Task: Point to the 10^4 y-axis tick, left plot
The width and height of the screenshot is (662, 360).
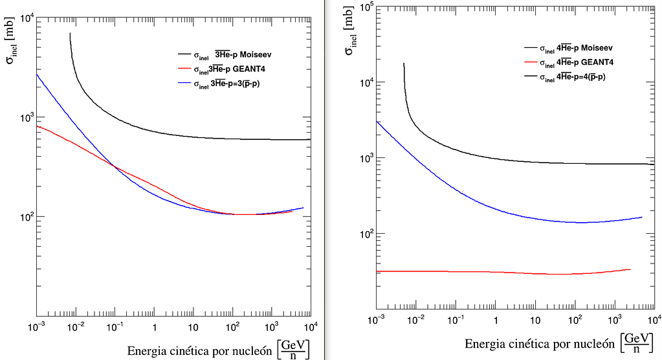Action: (x=27, y=17)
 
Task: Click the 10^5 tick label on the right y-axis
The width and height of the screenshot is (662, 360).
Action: (x=364, y=7)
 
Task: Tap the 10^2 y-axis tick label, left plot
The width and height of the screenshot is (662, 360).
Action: (x=27, y=217)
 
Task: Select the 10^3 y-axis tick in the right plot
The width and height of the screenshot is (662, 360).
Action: (x=364, y=158)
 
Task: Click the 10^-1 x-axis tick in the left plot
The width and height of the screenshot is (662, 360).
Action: (x=115, y=327)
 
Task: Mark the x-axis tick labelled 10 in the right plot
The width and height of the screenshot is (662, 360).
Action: (x=535, y=320)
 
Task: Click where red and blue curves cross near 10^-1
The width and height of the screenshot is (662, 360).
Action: (x=116, y=167)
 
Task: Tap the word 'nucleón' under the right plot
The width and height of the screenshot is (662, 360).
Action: (x=588, y=344)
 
